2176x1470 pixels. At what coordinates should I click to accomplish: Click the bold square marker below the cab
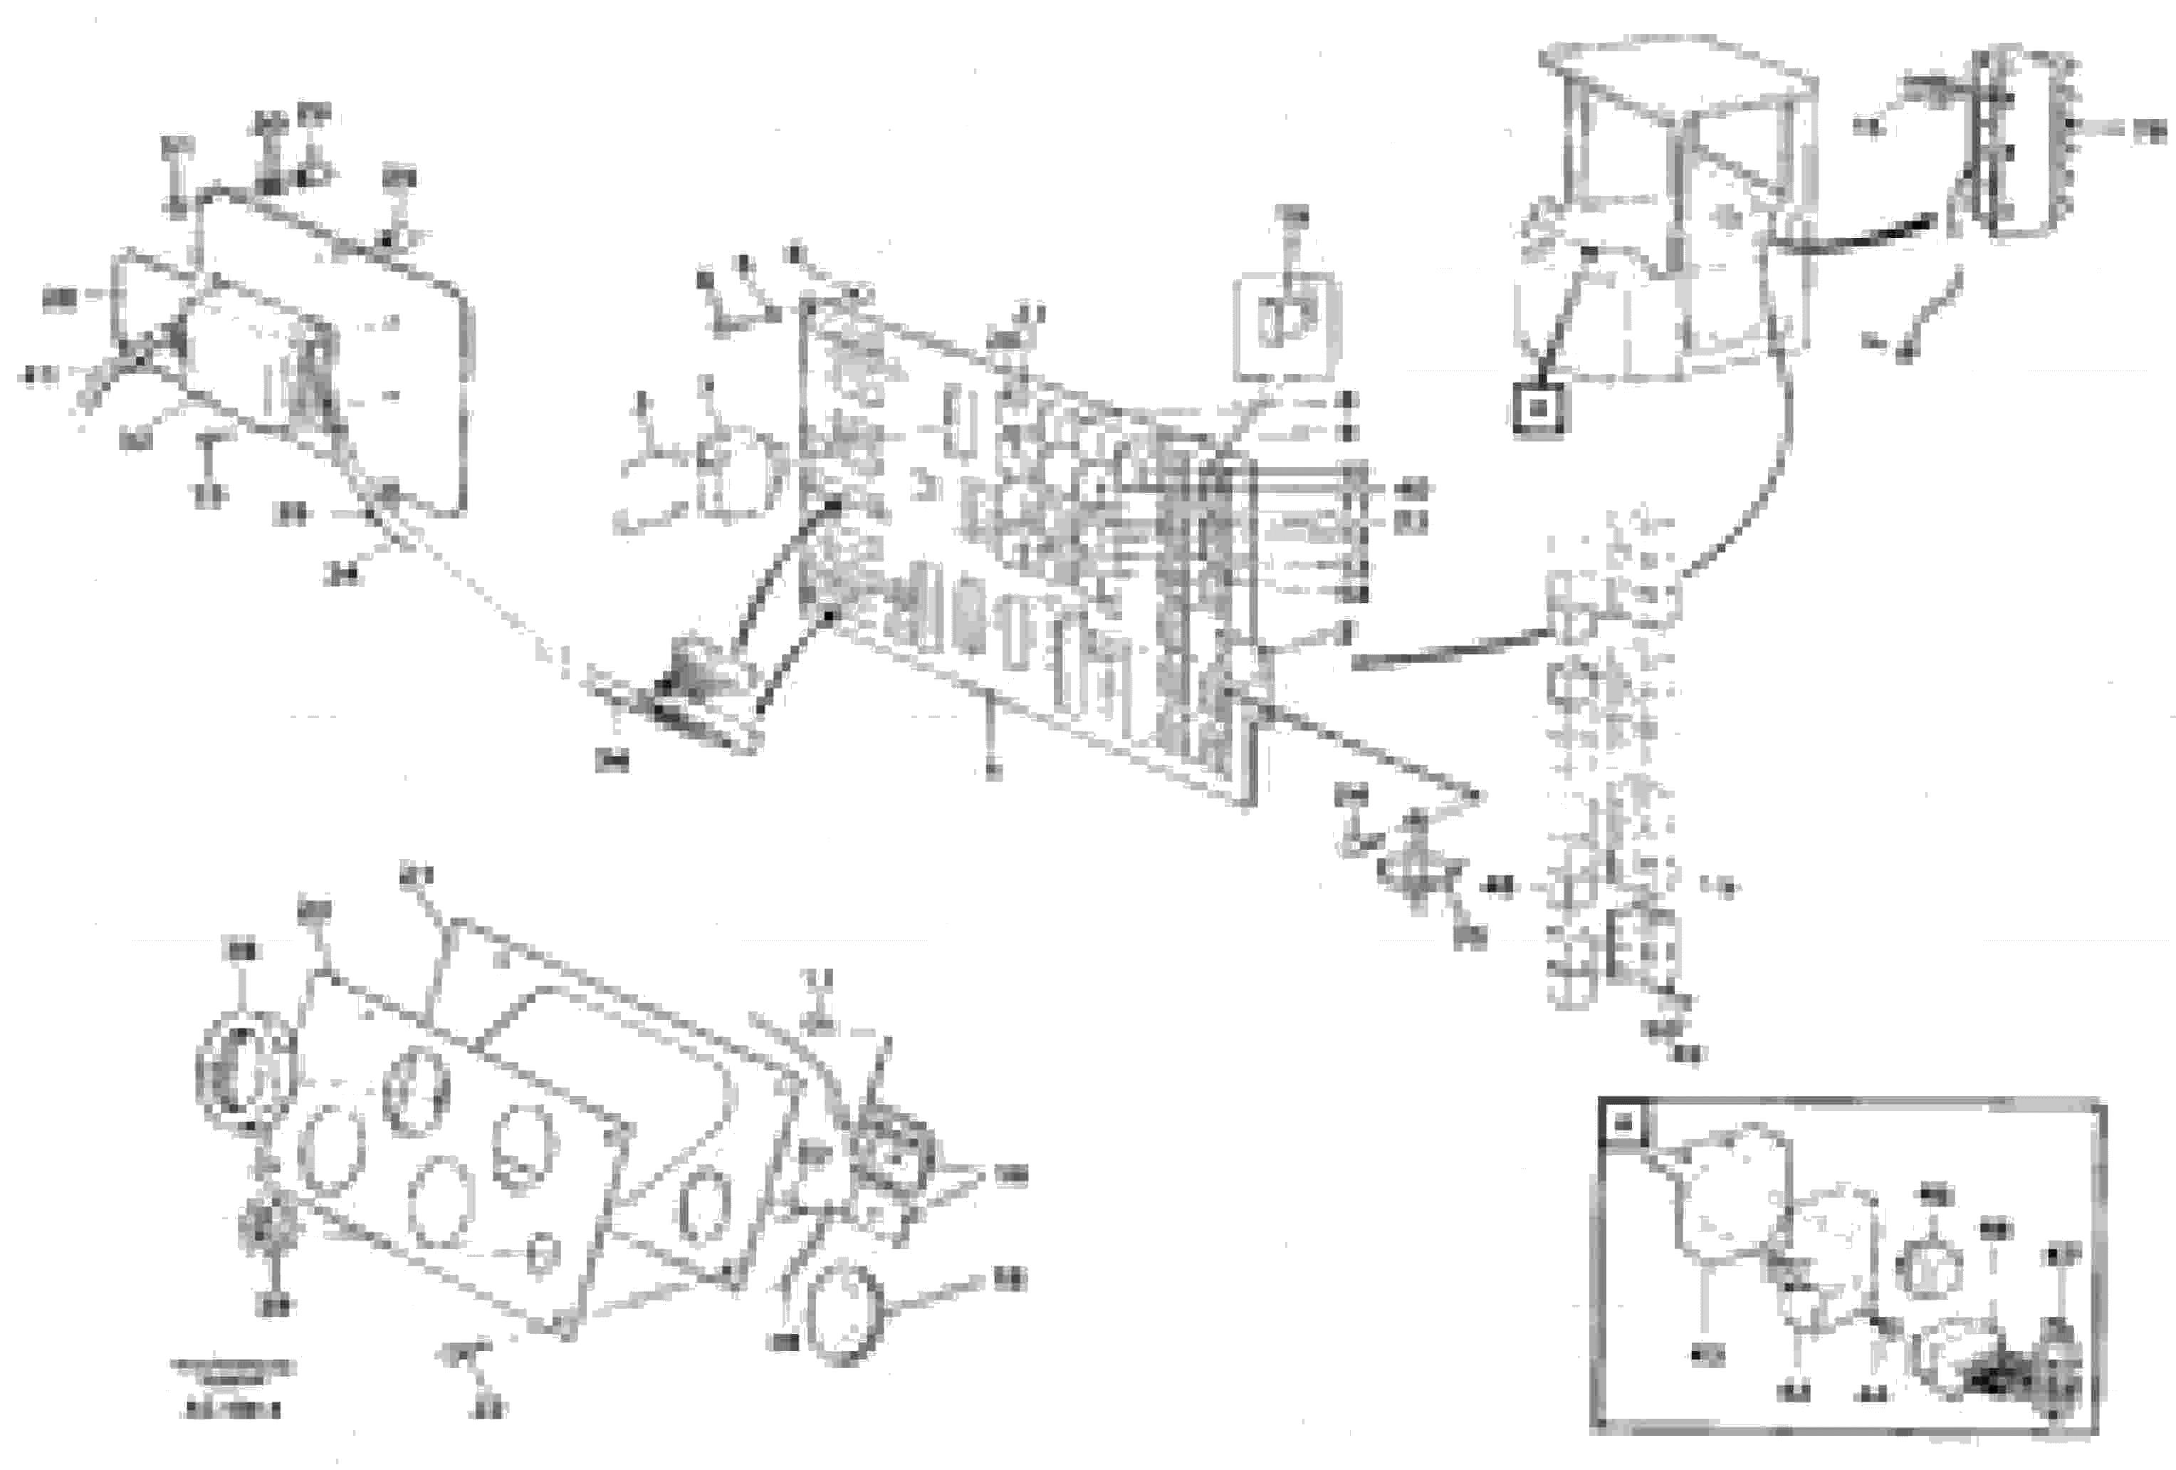coord(1537,410)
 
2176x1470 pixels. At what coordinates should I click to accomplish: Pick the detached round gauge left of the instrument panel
coord(246,1070)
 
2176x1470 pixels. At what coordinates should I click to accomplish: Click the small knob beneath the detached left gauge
coord(266,1226)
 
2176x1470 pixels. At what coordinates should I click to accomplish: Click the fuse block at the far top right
coord(2022,140)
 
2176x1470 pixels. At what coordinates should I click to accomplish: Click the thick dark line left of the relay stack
coord(1447,651)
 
